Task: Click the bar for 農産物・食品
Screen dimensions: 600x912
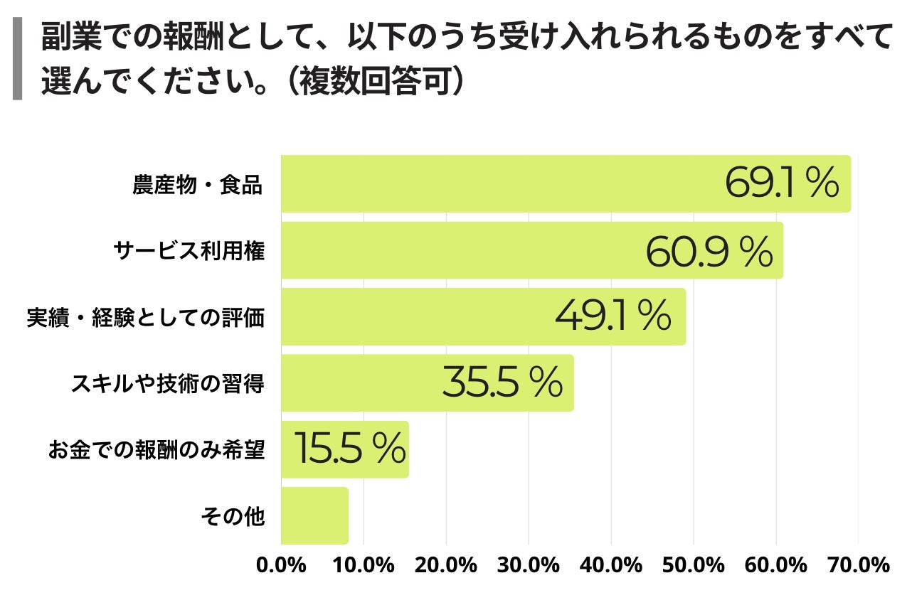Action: [498, 183]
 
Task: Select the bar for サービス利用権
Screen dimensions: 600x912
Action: [462, 250]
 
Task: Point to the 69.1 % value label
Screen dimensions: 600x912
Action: [782, 183]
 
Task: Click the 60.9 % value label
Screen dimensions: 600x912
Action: [709, 251]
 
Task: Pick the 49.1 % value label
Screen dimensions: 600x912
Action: [613, 317]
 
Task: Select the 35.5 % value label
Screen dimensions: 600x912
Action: [502, 383]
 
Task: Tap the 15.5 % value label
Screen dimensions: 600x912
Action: [349, 449]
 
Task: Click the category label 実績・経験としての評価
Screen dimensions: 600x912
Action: [146, 318]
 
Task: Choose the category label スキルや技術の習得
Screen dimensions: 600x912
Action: [167, 384]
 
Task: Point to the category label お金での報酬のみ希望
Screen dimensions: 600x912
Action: [157, 450]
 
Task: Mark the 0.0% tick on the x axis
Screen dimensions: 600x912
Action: [281, 566]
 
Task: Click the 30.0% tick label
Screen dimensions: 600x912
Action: [529, 566]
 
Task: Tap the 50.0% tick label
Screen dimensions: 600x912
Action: [694, 566]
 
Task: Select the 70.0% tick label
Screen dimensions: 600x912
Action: [859, 566]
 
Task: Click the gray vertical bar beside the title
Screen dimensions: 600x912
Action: [18, 60]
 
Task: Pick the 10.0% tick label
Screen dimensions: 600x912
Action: [364, 566]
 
